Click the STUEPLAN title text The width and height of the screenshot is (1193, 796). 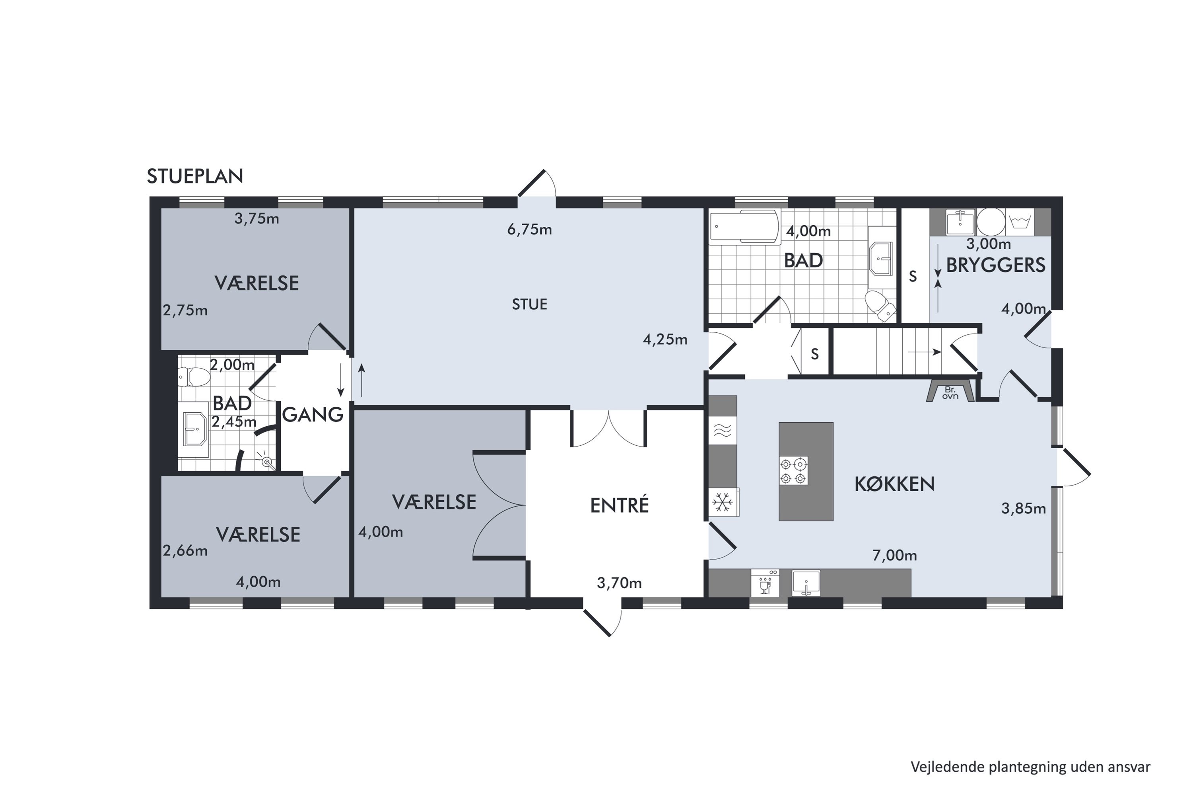pyautogui.click(x=195, y=176)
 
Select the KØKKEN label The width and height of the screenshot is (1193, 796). pyautogui.click(x=894, y=484)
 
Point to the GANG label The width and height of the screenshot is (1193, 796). pyautogui.click(x=313, y=415)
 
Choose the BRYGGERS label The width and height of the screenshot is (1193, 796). pyautogui.click(x=996, y=265)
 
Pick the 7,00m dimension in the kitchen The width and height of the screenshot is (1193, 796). pyautogui.click(x=894, y=555)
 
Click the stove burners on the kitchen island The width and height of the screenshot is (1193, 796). pyautogui.click(x=793, y=470)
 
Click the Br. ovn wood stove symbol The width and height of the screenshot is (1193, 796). pyautogui.click(x=950, y=390)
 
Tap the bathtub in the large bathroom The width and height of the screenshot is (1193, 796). pyautogui.click(x=744, y=226)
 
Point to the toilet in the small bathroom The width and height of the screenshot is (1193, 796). pyautogui.click(x=194, y=377)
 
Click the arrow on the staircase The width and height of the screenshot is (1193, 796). pyautogui.click(x=924, y=351)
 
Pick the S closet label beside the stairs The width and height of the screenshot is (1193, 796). pyautogui.click(x=814, y=354)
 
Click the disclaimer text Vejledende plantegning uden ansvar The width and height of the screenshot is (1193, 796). pyautogui.click(x=1030, y=767)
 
